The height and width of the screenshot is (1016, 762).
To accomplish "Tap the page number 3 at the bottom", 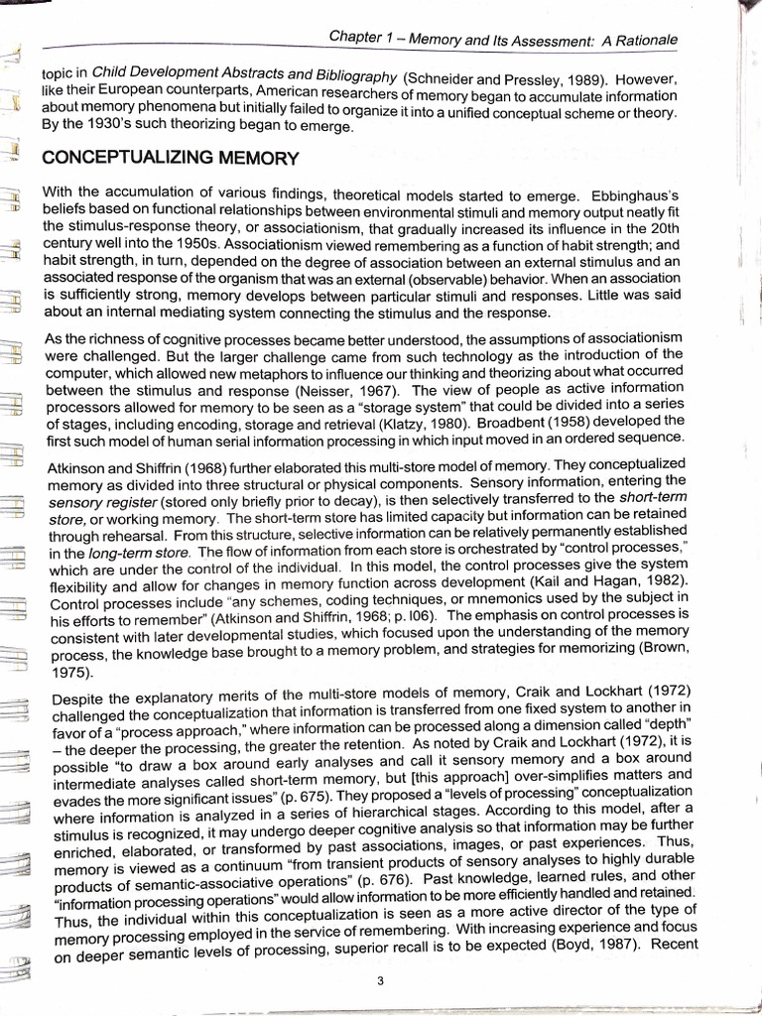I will (x=380, y=982).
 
